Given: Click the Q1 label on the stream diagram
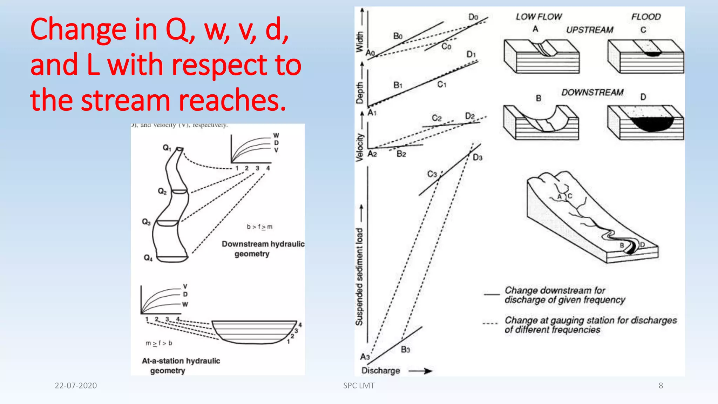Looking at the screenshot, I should [x=167, y=148].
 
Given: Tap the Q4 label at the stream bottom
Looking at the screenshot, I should [x=148, y=258].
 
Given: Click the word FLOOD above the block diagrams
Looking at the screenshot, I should [x=646, y=17].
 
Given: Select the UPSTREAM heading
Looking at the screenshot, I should [x=590, y=30].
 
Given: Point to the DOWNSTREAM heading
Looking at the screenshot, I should [x=592, y=92].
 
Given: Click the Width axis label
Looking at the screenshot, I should [x=359, y=42].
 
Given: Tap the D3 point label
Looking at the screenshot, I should [x=477, y=157].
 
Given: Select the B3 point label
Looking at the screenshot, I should [x=405, y=349].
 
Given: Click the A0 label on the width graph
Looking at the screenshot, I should [x=370, y=53].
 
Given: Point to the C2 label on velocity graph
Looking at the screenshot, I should [x=436, y=118].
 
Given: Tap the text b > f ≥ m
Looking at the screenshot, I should [x=259, y=227].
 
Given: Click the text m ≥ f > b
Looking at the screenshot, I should [x=159, y=343].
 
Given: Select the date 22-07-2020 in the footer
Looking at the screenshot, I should [x=76, y=385].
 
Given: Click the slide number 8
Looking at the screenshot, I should [x=661, y=385].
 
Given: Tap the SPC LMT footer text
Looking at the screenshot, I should [x=359, y=385].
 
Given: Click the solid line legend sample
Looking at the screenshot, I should [x=492, y=295].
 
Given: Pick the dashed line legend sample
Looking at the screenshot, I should [x=490, y=323].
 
